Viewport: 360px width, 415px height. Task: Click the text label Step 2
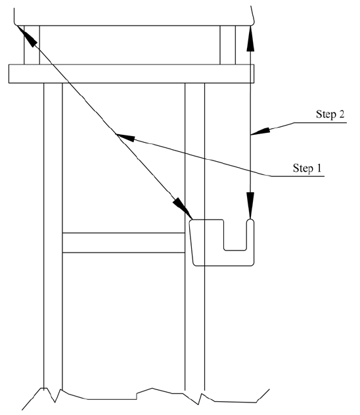pos(330,114)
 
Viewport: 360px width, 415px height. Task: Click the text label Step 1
pos(307,168)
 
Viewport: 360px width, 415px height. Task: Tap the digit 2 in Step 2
pos(342,114)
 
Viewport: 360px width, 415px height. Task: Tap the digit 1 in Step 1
pos(319,168)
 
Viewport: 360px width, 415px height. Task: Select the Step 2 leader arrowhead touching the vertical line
pos(260,132)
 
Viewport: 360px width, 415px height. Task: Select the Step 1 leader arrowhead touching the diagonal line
pos(125,137)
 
